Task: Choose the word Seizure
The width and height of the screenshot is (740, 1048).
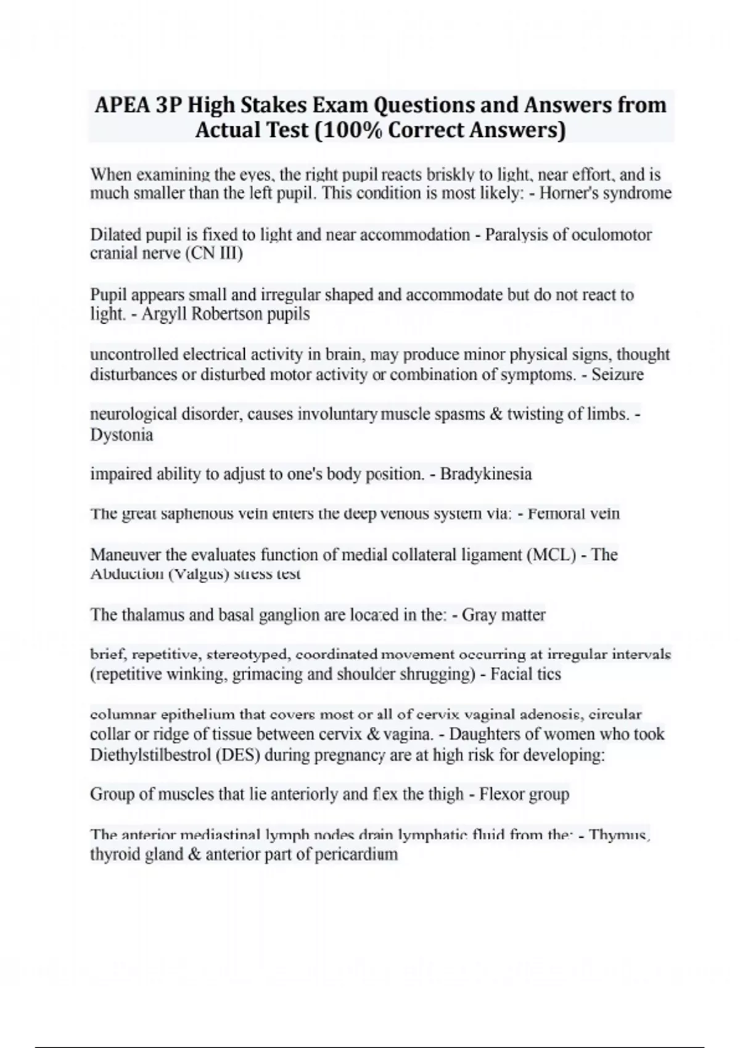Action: click(617, 375)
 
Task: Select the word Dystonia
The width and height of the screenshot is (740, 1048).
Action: click(121, 435)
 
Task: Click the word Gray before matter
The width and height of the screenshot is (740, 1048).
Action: click(479, 615)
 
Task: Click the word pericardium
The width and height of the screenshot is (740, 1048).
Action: click(356, 854)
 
